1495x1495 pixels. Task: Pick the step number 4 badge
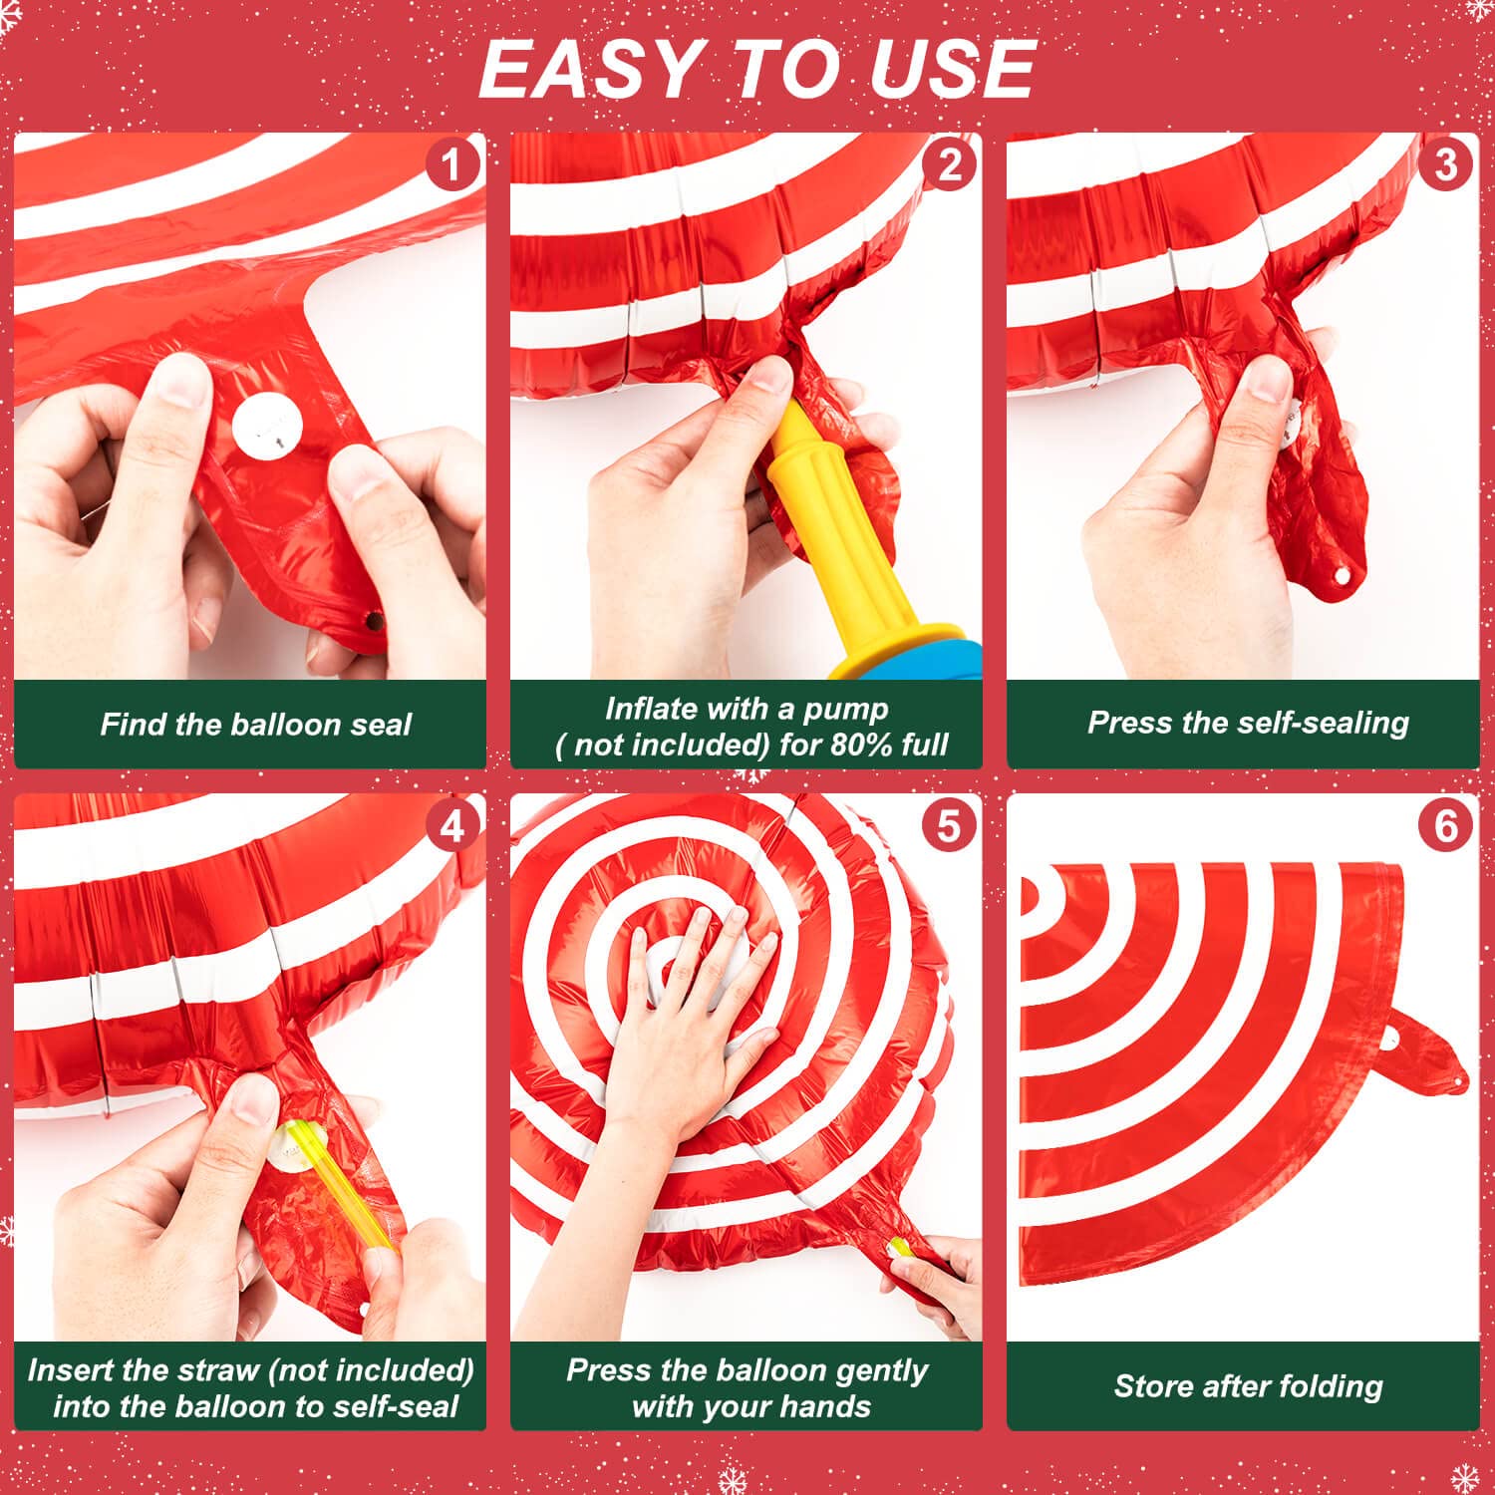453,826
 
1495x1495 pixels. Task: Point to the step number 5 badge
949,826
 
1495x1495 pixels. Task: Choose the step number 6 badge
1445,826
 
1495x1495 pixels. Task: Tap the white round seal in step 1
267,427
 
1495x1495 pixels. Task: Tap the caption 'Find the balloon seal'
255,725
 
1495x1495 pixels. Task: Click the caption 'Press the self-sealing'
1248,723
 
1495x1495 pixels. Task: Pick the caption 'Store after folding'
1248,1386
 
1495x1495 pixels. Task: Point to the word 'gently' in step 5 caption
881,1370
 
